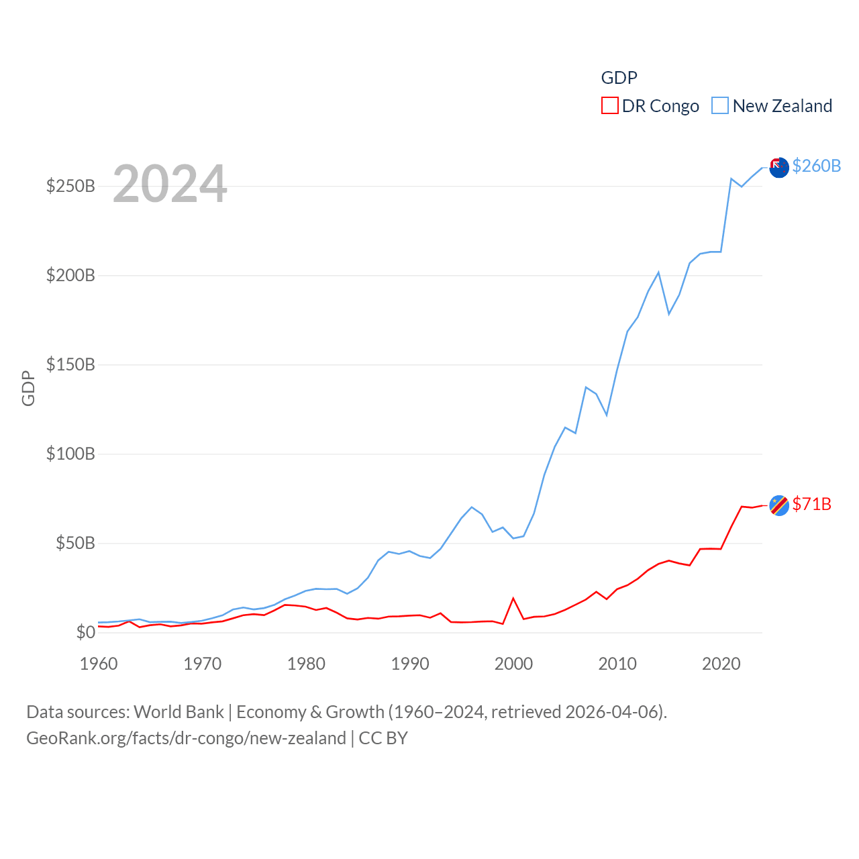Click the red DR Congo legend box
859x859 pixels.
click(609, 106)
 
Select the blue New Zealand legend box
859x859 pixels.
click(720, 106)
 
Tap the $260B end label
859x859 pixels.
click(816, 166)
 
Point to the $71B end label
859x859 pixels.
click(811, 504)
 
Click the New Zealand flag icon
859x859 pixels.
click(778, 167)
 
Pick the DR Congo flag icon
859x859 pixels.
click(778, 505)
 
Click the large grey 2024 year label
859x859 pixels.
click(170, 184)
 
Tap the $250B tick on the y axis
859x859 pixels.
click(70, 186)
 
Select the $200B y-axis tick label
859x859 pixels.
click(70, 275)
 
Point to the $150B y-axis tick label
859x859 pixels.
click(70, 364)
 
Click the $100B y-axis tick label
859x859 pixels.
click(70, 454)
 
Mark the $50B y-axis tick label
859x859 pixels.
click(75, 543)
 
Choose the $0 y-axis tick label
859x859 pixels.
click(85, 632)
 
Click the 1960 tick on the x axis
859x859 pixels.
click(99, 664)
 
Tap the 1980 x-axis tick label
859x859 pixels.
click(306, 664)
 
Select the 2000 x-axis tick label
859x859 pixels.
click(513, 664)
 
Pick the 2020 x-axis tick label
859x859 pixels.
click(721, 664)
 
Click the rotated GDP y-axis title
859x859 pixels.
click(28, 388)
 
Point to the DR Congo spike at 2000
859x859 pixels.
click(513, 599)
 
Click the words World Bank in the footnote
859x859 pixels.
click(179, 712)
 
